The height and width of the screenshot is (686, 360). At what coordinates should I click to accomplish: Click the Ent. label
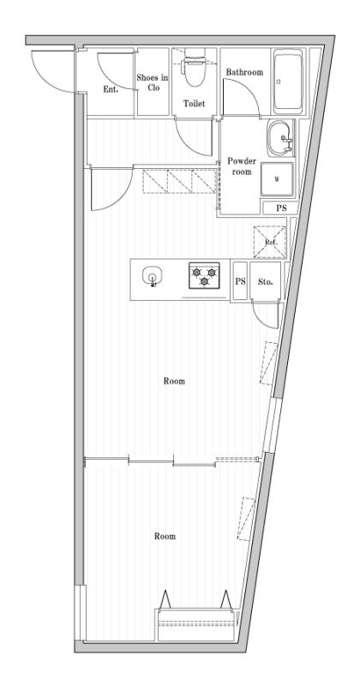110,89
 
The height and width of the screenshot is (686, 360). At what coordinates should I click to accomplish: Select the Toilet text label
194,103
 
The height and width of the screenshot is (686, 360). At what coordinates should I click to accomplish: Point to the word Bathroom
244,73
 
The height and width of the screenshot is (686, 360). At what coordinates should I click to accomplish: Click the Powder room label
242,166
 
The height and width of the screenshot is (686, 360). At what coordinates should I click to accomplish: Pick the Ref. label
270,243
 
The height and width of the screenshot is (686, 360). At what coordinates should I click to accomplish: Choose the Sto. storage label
264,280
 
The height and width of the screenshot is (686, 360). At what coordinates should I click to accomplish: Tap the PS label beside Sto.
241,281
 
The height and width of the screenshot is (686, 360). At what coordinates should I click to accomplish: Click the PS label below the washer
280,208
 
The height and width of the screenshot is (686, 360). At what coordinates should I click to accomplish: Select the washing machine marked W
276,179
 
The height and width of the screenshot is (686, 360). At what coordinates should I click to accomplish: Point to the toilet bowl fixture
194,73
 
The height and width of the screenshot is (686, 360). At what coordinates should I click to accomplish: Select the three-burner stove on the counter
204,275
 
